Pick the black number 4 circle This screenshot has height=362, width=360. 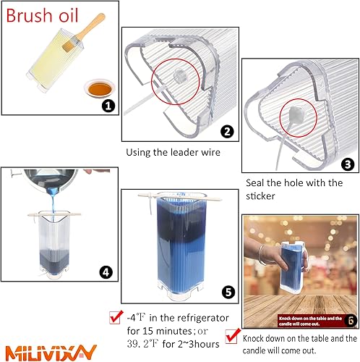(x=106, y=272)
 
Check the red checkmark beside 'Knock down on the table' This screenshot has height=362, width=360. (x=232, y=334)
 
